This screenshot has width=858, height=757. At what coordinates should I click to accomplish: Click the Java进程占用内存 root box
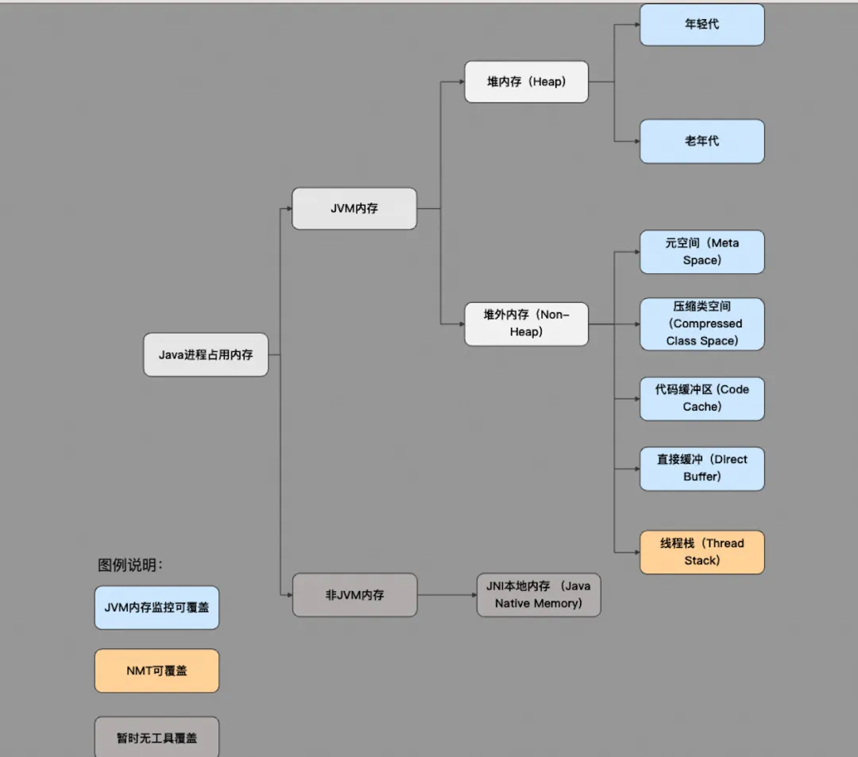click(206, 354)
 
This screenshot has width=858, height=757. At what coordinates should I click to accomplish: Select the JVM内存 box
click(354, 209)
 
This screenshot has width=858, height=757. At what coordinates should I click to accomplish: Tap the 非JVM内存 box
click(354, 595)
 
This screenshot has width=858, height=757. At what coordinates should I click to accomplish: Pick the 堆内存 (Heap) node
click(526, 82)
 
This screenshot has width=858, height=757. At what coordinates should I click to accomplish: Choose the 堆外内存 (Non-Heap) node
click(526, 324)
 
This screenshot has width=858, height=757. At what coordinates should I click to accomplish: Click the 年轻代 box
click(701, 25)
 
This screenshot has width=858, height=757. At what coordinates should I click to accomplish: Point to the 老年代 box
click(701, 141)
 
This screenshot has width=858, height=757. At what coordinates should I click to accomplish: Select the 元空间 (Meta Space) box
click(701, 252)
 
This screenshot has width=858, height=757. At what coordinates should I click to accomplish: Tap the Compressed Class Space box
click(701, 324)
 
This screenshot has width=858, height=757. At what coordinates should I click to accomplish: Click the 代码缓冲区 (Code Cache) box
click(701, 398)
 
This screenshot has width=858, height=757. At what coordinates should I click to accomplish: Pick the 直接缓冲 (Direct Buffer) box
click(701, 468)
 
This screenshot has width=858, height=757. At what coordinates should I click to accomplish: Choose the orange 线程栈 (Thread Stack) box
click(701, 552)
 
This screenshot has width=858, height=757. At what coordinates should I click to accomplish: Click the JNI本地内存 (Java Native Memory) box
click(539, 595)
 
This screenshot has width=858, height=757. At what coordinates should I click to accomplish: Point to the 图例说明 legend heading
click(130, 566)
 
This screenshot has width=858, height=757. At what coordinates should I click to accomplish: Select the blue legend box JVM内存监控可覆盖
click(157, 608)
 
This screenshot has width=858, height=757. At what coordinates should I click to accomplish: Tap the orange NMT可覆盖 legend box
click(157, 670)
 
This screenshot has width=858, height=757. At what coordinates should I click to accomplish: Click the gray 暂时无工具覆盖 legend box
click(157, 737)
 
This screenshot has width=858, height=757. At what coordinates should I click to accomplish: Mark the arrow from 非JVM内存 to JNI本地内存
click(446, 595)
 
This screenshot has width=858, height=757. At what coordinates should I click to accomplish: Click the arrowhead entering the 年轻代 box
click(636, 25)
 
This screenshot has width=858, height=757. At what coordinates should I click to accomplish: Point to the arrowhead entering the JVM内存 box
click(288, 209)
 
